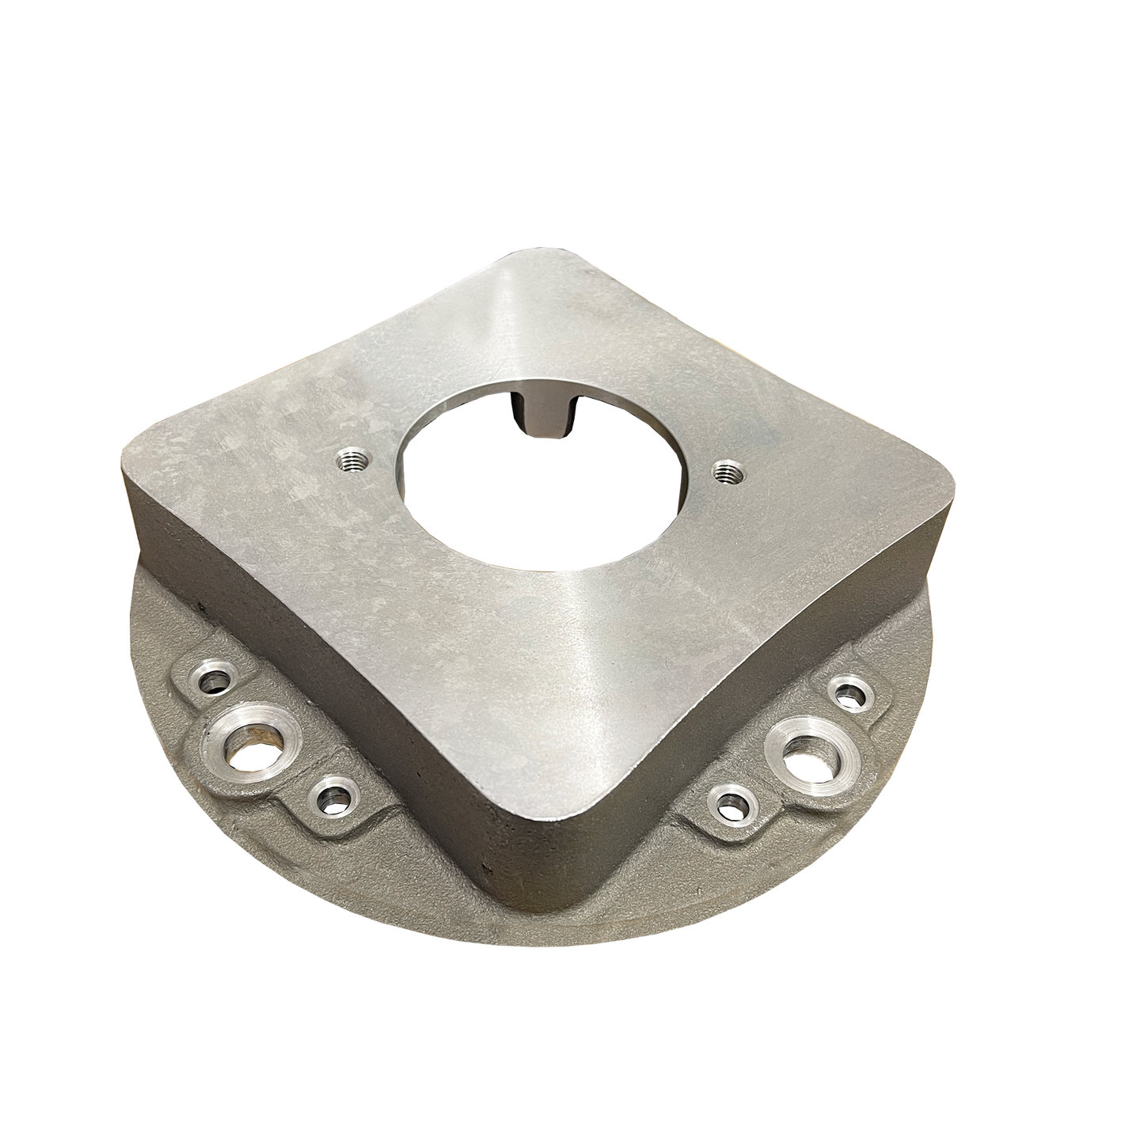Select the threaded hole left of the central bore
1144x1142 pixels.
349,458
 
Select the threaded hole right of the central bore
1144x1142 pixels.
723,472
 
